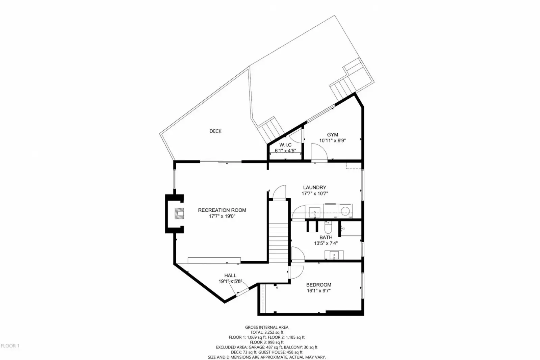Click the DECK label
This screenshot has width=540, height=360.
click(x=215, y=131)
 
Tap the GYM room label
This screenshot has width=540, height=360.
click(x=332, y=135)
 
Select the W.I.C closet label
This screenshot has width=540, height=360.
click(x=285, y=145)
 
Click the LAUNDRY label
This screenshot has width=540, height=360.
click(x=315, y=187)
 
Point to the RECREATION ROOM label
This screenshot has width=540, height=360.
click(x=222, y=210)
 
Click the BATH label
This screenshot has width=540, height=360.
click(x=326, y=237)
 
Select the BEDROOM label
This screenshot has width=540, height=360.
click(x=319, y=285)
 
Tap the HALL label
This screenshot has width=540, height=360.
click(x=230, y=275)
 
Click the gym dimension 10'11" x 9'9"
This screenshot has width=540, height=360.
click(x=332, y=140)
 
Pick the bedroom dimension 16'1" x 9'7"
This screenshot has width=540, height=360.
click(x=319, y=291)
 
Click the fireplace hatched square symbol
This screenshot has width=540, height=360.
click(x=179, y=213)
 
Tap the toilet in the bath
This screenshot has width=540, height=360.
click(x=328, y=227)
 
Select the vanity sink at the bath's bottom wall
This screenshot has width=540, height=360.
click(x=334, y=255)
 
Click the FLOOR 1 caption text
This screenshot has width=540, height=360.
click(x=10, y=346)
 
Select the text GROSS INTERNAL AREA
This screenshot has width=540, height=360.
click(x=267, y=327)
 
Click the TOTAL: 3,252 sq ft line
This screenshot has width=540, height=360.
click(x=267, y=332)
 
